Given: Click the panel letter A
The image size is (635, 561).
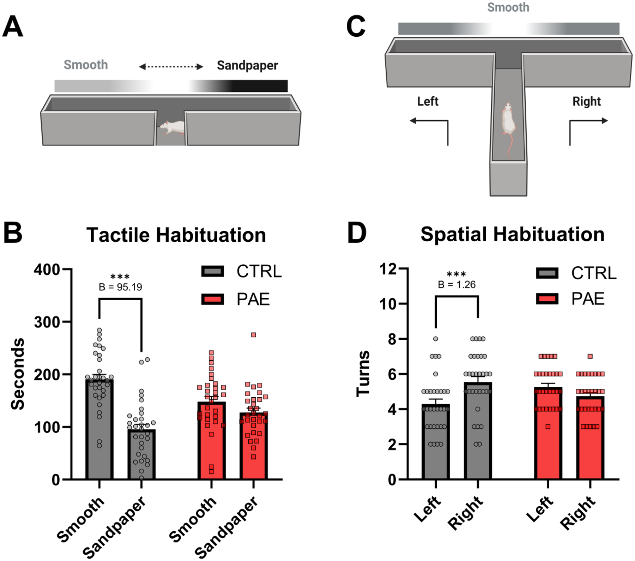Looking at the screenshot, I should (13, 26).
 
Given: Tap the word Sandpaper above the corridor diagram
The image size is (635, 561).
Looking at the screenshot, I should (247, 66).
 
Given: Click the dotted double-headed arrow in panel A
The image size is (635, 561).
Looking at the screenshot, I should (171, 66).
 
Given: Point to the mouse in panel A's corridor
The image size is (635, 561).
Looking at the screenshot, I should (171, 127).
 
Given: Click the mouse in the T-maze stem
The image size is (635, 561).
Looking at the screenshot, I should (508, 120).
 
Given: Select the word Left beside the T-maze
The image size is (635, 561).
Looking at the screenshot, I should (428, 102).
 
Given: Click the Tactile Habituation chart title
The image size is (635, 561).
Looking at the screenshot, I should (176, 235).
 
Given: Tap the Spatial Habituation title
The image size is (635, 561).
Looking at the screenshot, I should (512, 234).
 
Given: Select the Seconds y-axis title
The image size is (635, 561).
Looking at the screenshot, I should (18, 374).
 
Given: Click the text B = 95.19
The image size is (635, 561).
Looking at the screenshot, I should (120, 287).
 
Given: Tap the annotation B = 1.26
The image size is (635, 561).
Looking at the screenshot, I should (456, 285).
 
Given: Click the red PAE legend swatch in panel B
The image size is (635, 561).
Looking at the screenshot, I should (212, 300).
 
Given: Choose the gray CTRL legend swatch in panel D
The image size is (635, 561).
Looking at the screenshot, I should (547, 273).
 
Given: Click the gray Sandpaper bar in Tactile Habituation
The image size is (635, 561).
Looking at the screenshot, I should (141, 455).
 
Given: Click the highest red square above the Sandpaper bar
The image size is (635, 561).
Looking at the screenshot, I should (253, 335).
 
